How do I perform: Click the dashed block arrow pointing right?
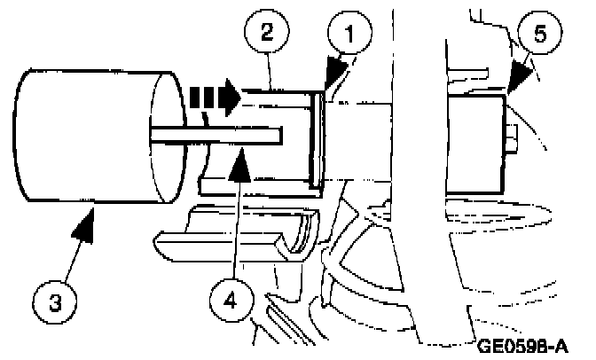click(x=213, y=94)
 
